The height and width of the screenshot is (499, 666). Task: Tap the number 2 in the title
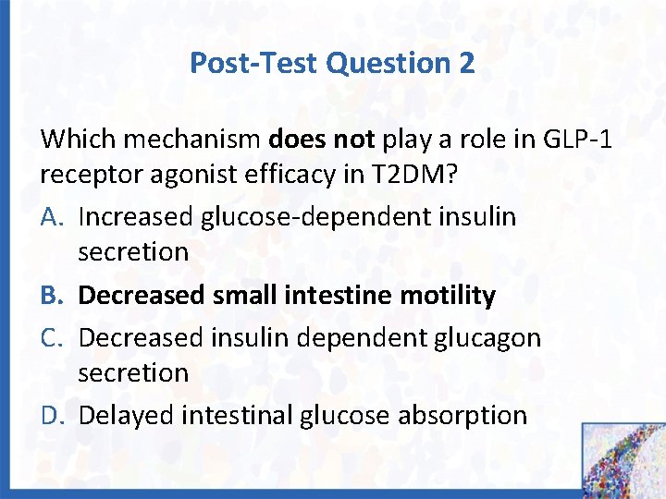(465, 63)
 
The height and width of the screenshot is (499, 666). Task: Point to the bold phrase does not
(321, 140)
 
